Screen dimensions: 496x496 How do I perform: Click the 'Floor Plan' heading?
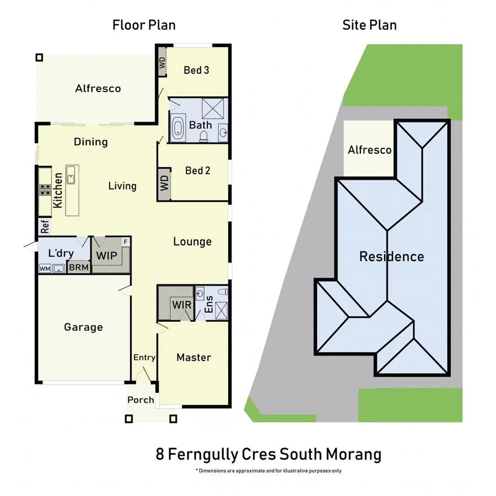coord(144,25)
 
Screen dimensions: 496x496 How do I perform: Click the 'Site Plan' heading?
coord(369,25)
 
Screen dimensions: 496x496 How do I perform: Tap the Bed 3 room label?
coord(197,70)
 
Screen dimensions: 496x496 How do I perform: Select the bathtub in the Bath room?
coord(178,128)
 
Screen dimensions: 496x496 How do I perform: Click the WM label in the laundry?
coord(45,268)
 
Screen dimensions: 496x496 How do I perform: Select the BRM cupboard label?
coord(78,268)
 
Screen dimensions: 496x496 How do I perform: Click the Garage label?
coord(83,327)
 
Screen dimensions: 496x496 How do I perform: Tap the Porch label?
coord(141,400)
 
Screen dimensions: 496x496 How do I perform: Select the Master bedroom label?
coord(193,357)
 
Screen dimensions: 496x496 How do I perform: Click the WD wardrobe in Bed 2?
coord(164,184)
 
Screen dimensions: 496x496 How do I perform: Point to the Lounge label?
coord(192,241)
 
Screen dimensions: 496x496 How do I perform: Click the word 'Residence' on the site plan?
coord(391,256)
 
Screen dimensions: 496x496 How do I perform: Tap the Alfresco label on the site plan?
coord(369,150)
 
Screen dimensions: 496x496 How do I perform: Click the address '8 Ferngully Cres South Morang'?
coord(269,455)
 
